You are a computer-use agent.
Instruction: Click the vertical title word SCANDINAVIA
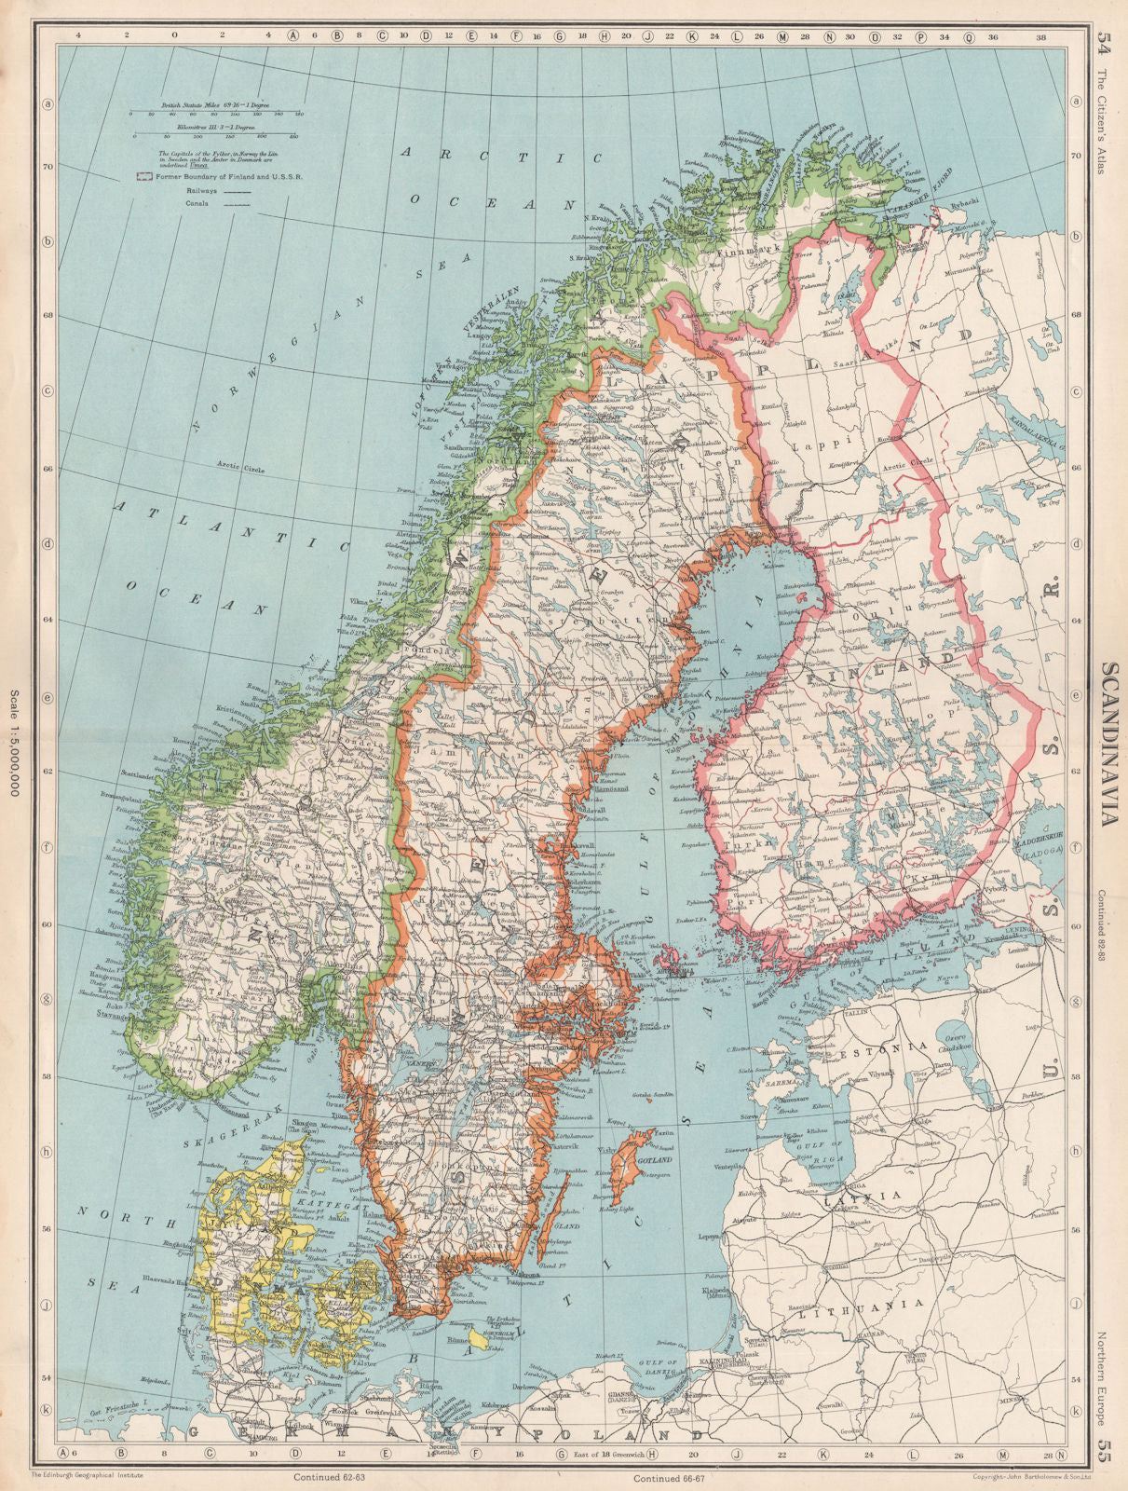point(1109,745)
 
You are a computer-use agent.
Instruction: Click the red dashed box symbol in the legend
point(143,175)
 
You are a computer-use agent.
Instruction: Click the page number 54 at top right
point(1106,41)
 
